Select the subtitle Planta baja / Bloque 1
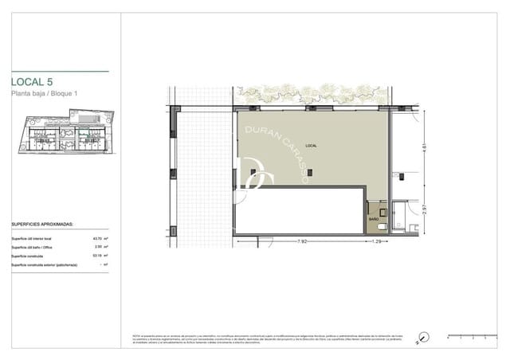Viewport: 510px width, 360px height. click(x=49, y=96)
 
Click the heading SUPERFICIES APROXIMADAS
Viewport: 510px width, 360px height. click(x=42, y=225)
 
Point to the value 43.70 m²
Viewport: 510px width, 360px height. click(x=100, y=239)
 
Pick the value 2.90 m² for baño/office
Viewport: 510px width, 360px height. click(x=100, y=248)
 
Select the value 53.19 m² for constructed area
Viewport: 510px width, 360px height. click(x=100, y=256)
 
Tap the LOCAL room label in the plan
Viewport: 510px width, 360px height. click(x=311, y=146)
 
